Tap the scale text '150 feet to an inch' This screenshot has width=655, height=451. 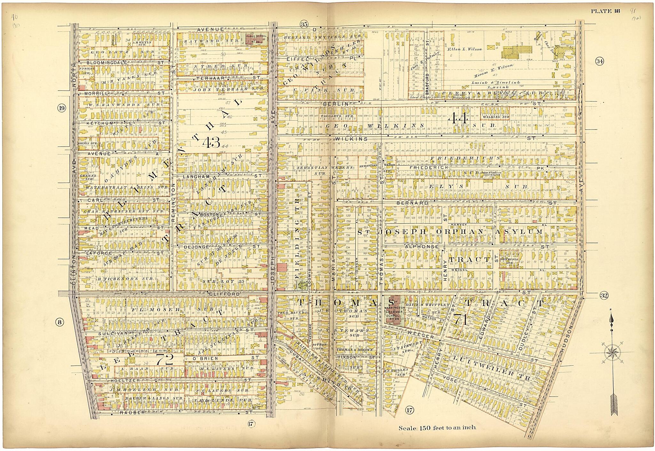437,428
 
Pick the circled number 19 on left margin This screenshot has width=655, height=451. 61,108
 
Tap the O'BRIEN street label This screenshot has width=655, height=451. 201,358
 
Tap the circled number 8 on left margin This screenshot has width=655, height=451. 59,322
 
